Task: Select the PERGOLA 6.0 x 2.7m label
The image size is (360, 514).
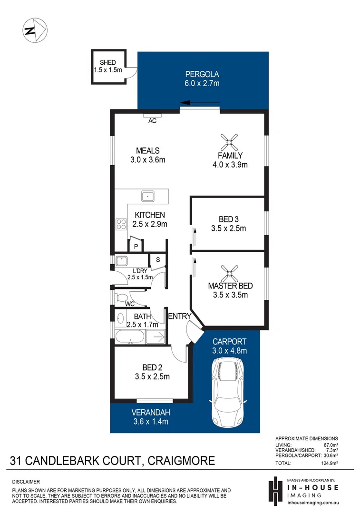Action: tap(202, 79)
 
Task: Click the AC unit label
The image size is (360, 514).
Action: tap(152, 121)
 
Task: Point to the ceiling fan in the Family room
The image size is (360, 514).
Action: tap(231, 141)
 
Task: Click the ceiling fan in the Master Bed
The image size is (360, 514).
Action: tap(231, 272)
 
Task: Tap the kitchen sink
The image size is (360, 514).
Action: tap(148, 195)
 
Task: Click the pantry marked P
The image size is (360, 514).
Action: tap(136, 246)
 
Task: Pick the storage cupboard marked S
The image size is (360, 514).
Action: tap(157, 259)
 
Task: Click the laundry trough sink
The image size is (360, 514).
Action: tap(122, 261)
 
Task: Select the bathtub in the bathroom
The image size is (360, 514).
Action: tap(129, 337)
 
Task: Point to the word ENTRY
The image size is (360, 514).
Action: tap(180, 316)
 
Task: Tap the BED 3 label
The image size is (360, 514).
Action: tap(228, 224)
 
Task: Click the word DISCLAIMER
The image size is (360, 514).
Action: tap(26, 482)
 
